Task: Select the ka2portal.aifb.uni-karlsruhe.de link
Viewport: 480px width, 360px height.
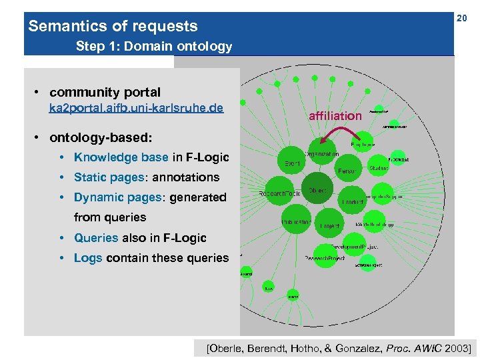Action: pos(136,108)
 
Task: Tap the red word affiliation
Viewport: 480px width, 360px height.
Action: pos(335,116)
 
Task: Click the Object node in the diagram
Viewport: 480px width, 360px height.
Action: pos(317,190)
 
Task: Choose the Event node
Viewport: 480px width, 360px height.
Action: pos(292,163)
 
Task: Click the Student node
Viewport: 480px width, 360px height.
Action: pos(379,168)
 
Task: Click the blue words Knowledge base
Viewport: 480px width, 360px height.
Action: pos(121,157)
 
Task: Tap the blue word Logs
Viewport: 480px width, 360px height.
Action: pos(88,257)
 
